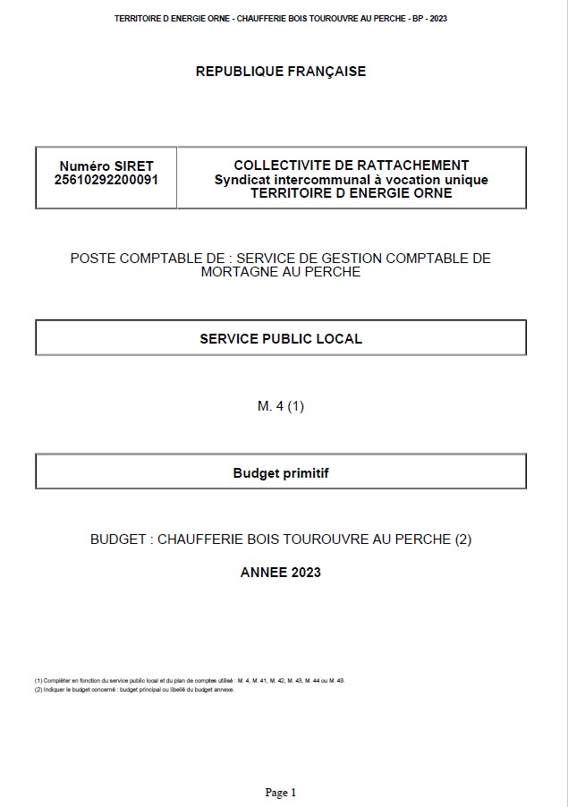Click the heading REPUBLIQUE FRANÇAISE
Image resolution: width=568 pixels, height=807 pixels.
[281, 72]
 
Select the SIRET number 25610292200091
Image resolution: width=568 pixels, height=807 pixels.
[106, 179]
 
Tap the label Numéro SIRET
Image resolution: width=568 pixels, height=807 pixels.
[106, 166]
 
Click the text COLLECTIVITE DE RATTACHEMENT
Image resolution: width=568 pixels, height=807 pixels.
[351, 166]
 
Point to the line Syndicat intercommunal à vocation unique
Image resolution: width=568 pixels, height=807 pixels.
[351, 179]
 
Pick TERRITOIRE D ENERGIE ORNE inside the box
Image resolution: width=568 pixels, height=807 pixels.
[351, 192]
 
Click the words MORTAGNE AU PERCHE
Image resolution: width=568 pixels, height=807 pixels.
[281, 272]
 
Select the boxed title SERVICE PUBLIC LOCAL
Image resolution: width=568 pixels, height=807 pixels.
[281, 338]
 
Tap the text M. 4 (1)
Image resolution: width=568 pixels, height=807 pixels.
[281, 406]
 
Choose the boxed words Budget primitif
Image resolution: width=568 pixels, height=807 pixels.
[281, 472]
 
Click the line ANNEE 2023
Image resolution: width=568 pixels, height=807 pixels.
[281, 572]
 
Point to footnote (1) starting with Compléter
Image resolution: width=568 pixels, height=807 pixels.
[189, 681]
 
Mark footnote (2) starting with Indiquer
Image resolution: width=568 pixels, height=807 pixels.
[134, 690]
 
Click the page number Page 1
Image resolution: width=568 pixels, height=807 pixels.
[280, 793]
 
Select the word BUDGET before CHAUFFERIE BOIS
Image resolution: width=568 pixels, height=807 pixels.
[118, 539]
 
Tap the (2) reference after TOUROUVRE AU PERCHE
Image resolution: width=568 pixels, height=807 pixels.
[462, 539]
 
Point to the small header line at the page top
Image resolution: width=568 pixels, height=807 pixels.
[281, 18]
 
